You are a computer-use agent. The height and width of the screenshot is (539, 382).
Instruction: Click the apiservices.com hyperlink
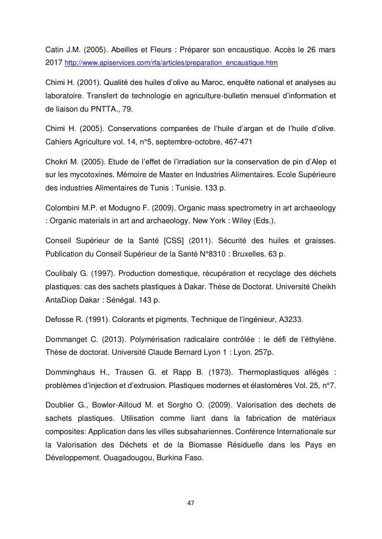(171, 62)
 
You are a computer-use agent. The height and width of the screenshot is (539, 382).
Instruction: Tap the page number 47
(191, 503)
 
